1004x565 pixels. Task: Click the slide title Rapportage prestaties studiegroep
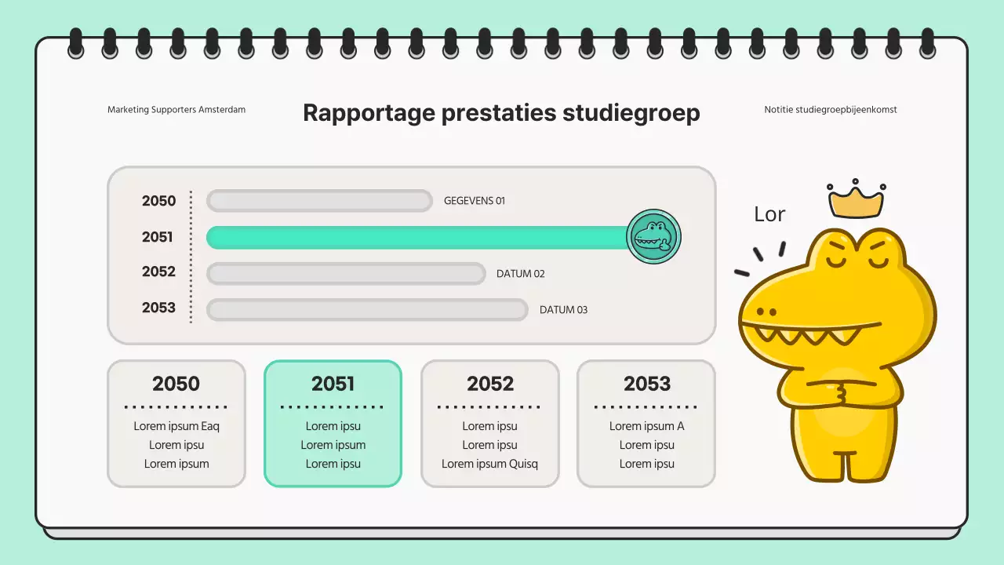click(501, 113)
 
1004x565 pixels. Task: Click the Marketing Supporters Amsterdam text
click(176, 110)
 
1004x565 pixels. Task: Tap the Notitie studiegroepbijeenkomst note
click(831, 110)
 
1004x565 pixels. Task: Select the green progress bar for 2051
click(416, 237)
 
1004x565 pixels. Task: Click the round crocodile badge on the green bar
click(654, 236)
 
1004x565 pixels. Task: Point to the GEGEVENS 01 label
click(475, 201)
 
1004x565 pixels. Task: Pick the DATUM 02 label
click(521, 274)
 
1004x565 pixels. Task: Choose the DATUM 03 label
click(563, 310)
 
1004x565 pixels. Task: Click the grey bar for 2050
click(319, 201)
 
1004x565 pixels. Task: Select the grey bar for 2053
click(367, 310)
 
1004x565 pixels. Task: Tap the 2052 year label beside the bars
click(158, 272)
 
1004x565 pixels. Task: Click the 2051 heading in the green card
click(333, 384)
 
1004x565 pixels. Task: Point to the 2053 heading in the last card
click(647, 384)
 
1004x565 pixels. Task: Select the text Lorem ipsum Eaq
click(176, 426)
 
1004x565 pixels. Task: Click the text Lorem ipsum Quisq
click(489, 464)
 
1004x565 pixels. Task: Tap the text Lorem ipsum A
click(647, 426)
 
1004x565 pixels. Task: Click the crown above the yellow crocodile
click(856, 202)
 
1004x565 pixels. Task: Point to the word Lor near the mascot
click(769, 214)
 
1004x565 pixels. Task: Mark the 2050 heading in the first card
click(176, 384)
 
